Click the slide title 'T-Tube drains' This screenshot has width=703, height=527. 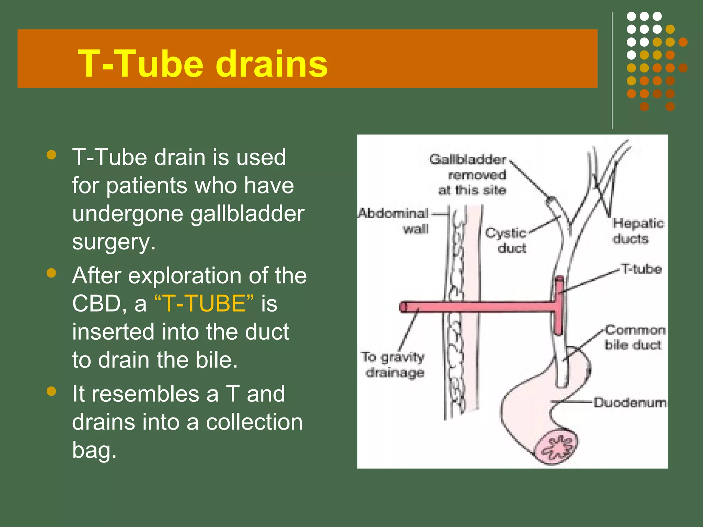point(203,64)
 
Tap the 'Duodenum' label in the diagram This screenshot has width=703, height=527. point(630,402)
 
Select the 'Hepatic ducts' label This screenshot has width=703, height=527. point(638,231)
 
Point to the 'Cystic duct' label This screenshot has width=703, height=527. point(506,240)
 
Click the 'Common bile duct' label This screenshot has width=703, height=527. point(634,337)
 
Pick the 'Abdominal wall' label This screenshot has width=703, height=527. point(395,221)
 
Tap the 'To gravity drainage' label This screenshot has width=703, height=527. point(393,364)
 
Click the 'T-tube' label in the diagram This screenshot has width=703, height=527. point(641,269)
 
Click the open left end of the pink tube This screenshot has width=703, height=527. point(403,306)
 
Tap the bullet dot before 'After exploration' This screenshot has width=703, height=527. point(51,273)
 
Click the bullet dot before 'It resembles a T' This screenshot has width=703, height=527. point(51,391)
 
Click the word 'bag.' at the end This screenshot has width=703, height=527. point(94,450)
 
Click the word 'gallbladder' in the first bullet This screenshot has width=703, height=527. point(247,214)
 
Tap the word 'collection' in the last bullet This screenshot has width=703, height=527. point(254,422)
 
